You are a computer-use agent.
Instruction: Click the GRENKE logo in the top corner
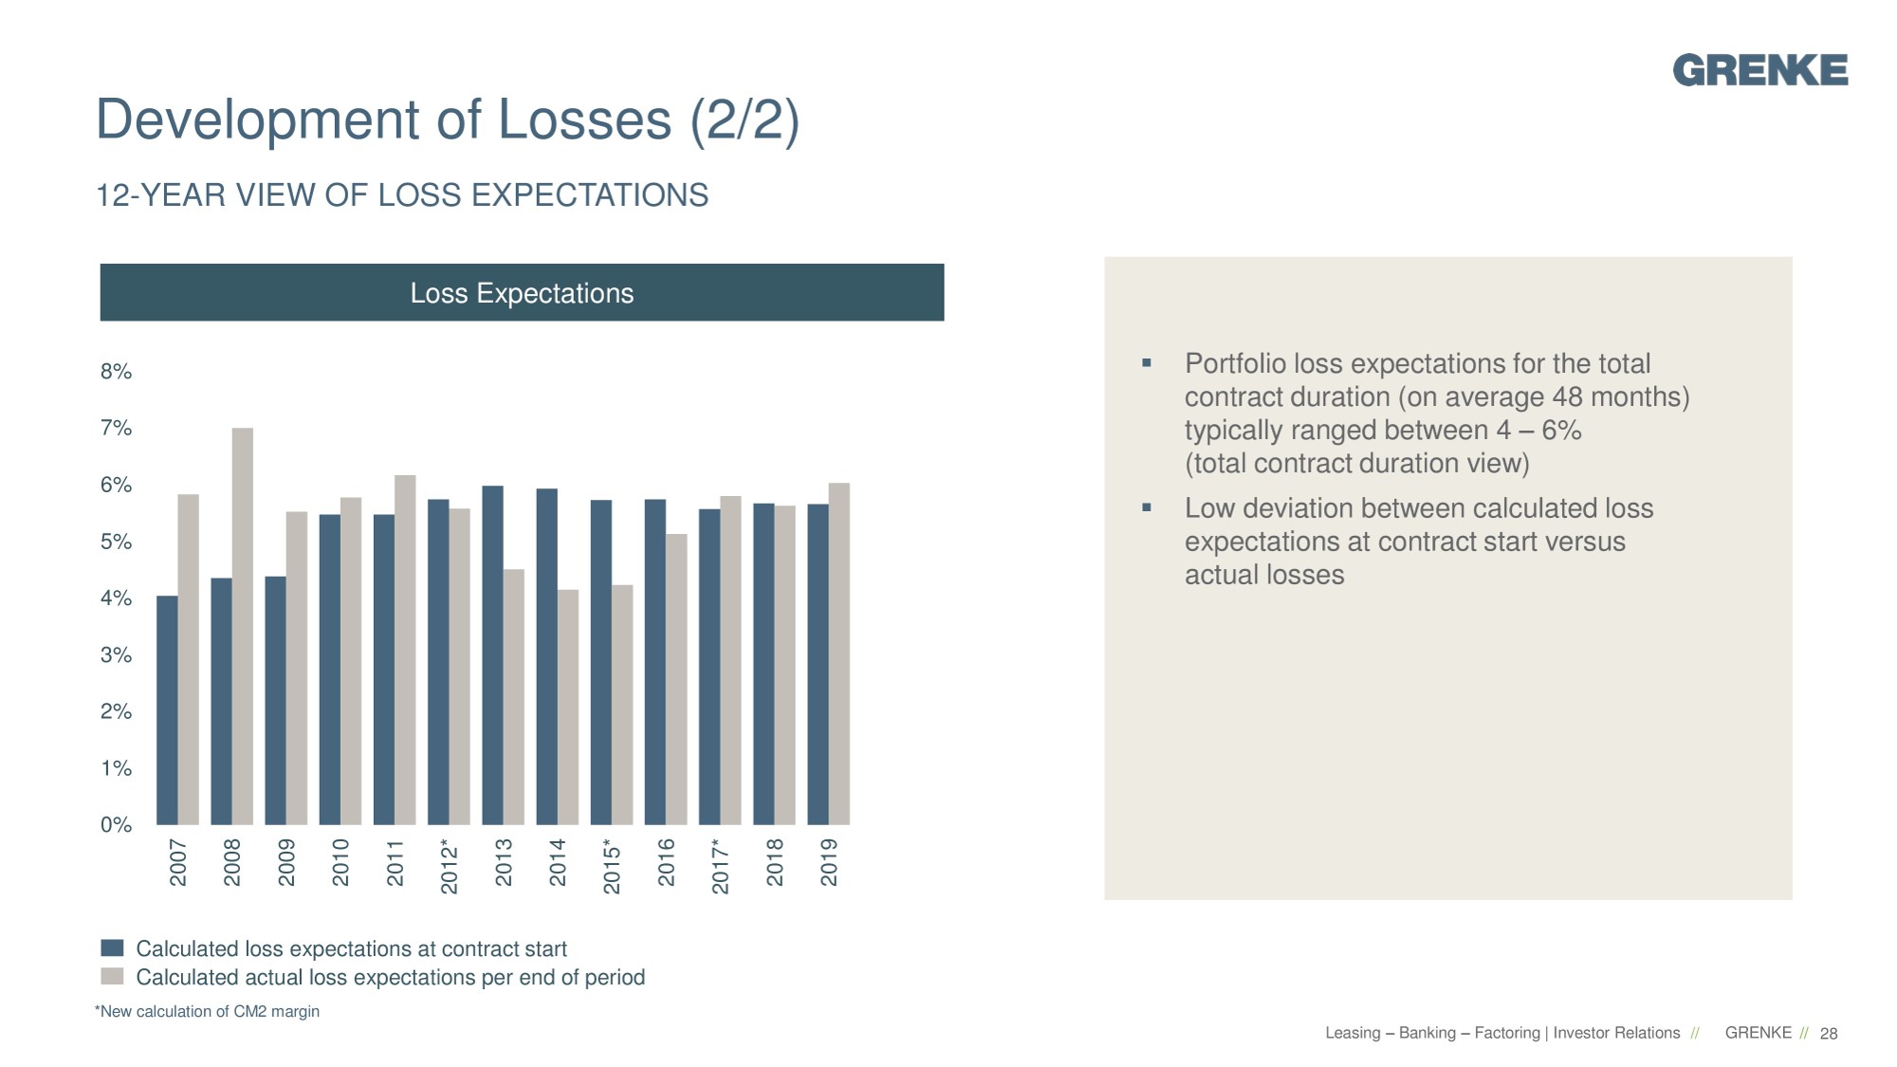(x=1759, y=70)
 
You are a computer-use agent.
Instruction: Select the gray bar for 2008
(x=243, y=626)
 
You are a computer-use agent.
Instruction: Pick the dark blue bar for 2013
(x=492, y=654)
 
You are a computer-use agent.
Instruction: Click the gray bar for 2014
(x=568, y=707)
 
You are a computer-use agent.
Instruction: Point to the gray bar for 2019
(x=839, y=654)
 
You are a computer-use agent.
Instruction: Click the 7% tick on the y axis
(x=116, y=429)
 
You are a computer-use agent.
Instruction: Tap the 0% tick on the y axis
(x=116, y=825)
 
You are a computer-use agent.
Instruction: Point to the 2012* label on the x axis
(x=450, y=865)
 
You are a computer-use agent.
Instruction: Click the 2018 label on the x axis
(x=775, y=861)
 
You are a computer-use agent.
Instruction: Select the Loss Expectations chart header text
(x=522, y=293)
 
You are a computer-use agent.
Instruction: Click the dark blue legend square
(x=112, y=948)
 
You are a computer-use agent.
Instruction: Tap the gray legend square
(x=112, y=977)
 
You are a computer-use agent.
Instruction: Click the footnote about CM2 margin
(x=208, y=1012)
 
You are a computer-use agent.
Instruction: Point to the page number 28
(x=1829, y=1034)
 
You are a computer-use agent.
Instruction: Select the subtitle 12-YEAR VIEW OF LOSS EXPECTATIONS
(x=402, y=195)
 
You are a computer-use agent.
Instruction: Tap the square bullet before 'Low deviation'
(x=1147, y=507)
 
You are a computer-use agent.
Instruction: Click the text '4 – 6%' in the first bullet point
(x=1538, y=431)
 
